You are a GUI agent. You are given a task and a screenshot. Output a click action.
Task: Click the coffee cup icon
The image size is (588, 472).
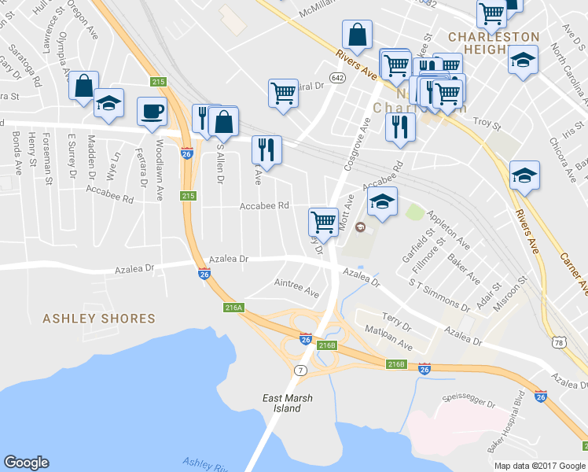152,111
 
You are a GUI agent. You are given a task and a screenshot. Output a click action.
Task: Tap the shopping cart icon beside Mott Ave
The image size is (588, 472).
323,220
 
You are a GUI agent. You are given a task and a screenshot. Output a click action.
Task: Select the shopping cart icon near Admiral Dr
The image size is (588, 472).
282,92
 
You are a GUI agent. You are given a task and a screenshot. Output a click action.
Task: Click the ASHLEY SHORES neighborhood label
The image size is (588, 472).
99,319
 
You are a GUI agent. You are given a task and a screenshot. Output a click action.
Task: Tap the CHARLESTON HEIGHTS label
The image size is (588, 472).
494,44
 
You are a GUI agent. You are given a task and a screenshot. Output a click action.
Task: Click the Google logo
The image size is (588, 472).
26,463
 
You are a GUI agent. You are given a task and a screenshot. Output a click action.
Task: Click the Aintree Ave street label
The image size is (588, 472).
296,287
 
